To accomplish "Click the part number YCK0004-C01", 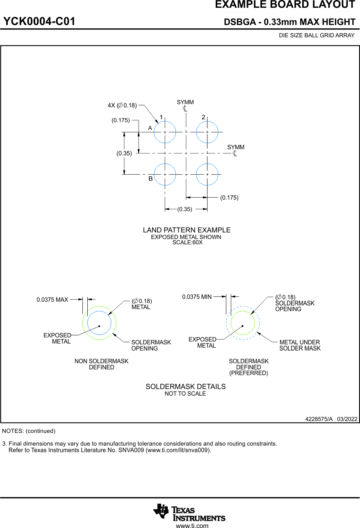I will [39, 22].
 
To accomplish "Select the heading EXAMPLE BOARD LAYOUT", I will [285, 5].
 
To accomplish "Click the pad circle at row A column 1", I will [165, 132].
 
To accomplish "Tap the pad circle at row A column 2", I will [207, 132].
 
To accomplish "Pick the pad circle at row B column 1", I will [165, 174].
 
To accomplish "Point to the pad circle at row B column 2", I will [207, 174].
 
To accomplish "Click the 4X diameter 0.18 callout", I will [122, 105].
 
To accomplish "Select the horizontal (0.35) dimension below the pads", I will [185, 209].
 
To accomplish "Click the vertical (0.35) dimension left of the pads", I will [124, 153].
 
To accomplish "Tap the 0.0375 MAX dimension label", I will [52, 300].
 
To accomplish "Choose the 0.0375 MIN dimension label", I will [197, 297].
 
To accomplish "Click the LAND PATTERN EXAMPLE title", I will [187, 230].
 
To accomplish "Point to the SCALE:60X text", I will [187, 242].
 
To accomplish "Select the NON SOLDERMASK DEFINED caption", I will [101, 364].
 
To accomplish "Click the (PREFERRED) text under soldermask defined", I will [248, 373].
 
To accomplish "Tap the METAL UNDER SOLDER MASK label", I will [300, 345].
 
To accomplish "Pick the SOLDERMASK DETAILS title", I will [185, 387].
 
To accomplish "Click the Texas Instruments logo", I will [189, 512].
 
